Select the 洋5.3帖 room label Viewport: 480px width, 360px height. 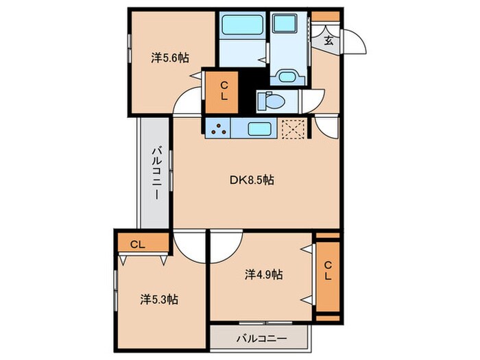pyautogui.click(x=160, y=299)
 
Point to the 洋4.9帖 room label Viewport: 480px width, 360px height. pyautogui.click(x=264, y=274)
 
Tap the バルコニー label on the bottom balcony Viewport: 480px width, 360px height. pyautogui.click(x=261, y=339)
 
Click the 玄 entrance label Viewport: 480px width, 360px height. pyautogui.click(x=328, y=40)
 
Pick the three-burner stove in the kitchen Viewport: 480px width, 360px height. pyautogui.click(x=219, y=128)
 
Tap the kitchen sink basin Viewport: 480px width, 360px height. pyautogui.click(x=259, y=128)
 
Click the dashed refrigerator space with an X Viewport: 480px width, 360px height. pyautogui.click(x=296, y=128)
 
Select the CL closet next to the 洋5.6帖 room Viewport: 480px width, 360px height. pyautogui.click(x=224, y=91)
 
